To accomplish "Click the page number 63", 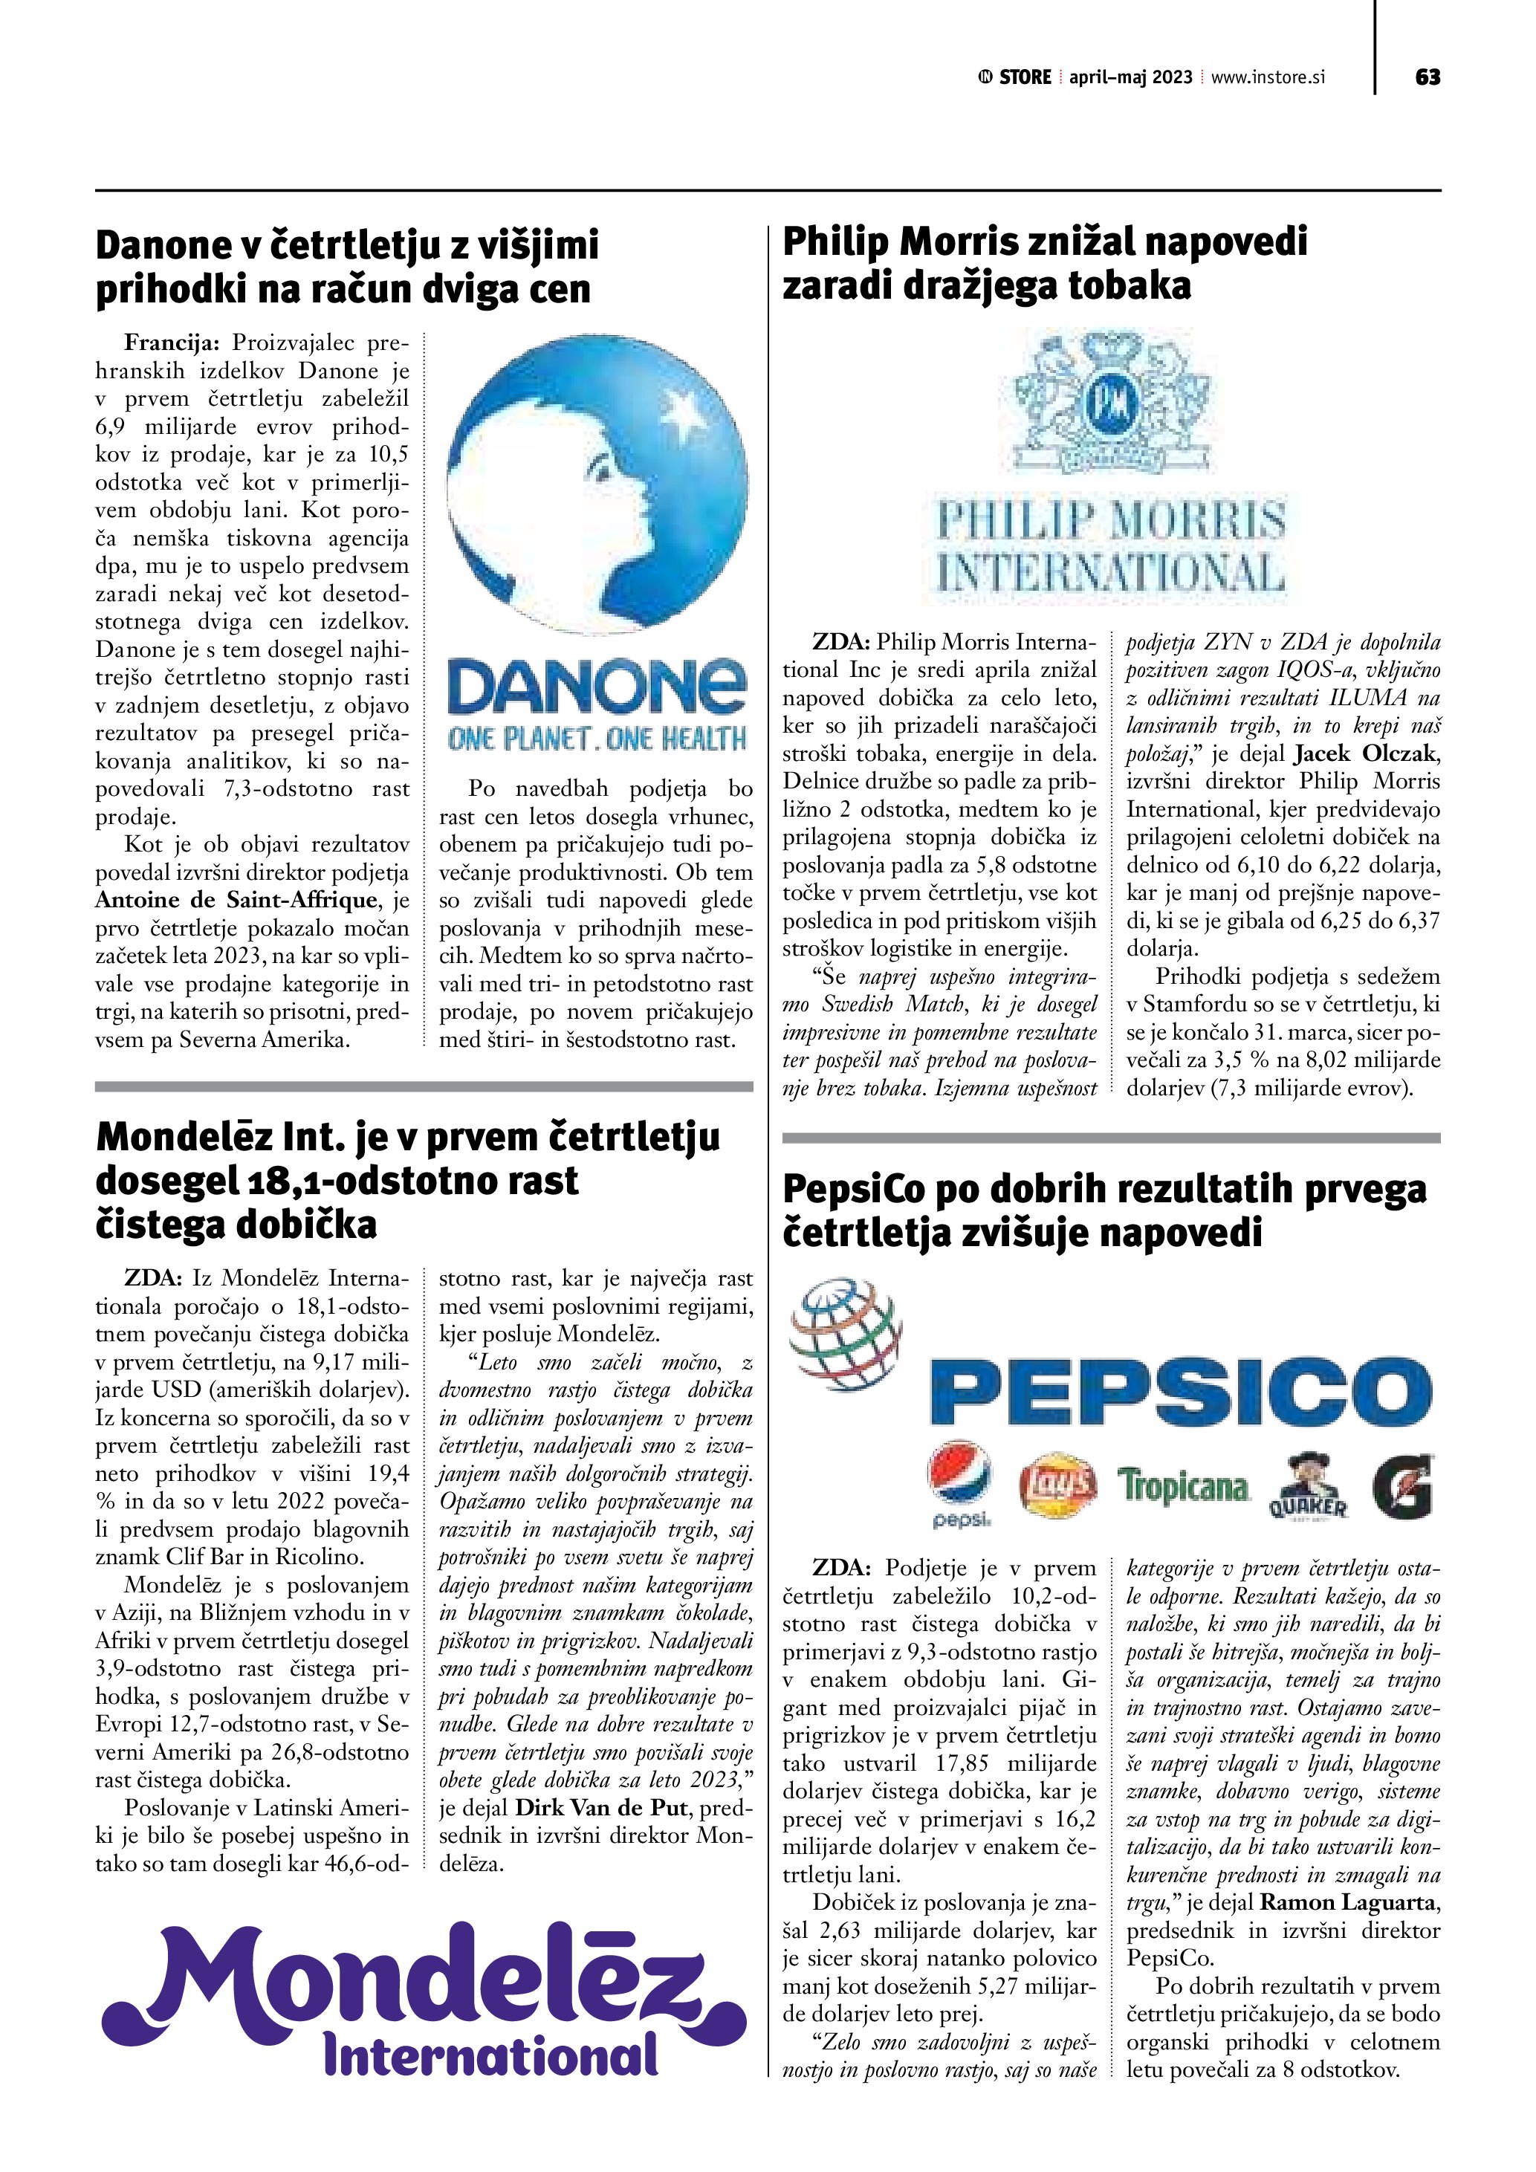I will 1428,77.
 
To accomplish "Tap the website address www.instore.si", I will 1268,77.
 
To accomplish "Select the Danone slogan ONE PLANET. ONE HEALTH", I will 597,739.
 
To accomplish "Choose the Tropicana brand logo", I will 1182,1486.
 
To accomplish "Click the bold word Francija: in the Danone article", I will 171,343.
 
